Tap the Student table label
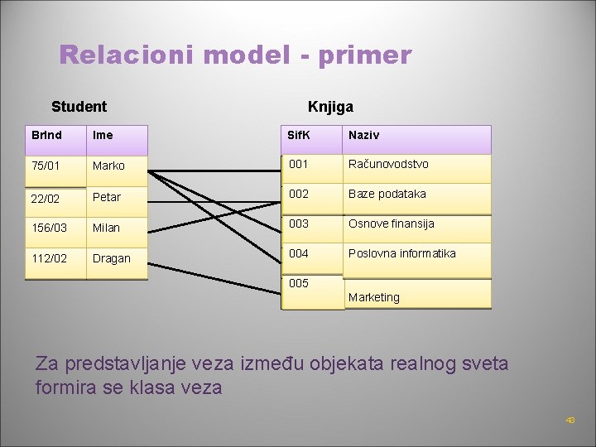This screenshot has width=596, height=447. pyautogui.click(x=79, y=107)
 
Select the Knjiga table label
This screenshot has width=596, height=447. pyautogui.click(x=330, y=107)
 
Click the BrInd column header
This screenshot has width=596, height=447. pyautogui.click(x=46, y=135)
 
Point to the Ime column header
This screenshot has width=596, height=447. pyautogui.click(x=103, y=135)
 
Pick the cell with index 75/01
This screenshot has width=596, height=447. pyautogui.click(x=46, y=166)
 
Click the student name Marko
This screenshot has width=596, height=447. pyautogui.click(x=108, y=166)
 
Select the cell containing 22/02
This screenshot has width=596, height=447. pyautogui.click(x=46, y=197)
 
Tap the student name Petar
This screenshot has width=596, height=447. pyautogui.click(x=107, y=197)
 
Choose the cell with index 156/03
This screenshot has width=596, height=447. pyautogui.click(x=49, y=228)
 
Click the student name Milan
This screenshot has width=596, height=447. pyautogui.click(x=106, y=228)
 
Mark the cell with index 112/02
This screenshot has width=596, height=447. pyautogui.click(x=49, y=258)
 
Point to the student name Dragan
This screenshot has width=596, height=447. pyautogui.click(x=112, y=258)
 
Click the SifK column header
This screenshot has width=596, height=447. pyautogui.click(x=298, y=135)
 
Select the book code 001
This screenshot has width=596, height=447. pyautogui.click(x=298, y=164)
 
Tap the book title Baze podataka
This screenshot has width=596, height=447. pyautogui.click(x=387, y=194)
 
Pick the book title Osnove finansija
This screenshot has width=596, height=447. pyautogui.click(x=392, y=223)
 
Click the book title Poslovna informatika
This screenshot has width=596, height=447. pyautogui.click(x=402, y=253)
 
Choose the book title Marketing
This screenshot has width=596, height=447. pyautogui.click(x=374, y=297)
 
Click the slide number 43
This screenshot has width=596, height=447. pyautogui.click(x=570, y=421)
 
